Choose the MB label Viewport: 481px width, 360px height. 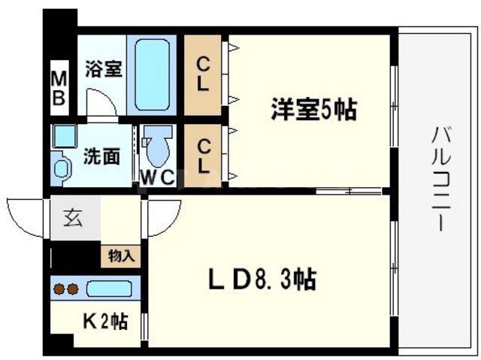[59, 86]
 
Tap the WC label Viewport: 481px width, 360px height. [159, 177]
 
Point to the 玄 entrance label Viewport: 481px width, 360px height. [71, 219]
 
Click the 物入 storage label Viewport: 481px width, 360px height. [121, 256]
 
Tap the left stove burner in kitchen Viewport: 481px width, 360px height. [59, 288]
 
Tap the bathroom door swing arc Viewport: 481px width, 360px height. [95, 103]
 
